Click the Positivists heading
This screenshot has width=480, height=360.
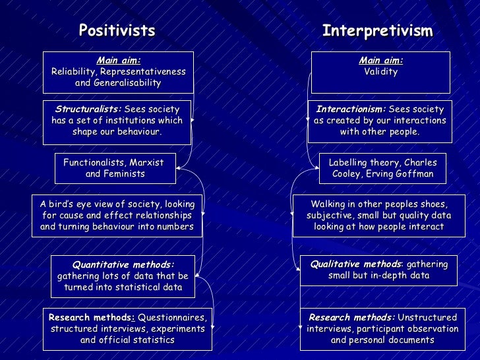pos(117,30)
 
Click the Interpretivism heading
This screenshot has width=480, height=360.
pos(377,31)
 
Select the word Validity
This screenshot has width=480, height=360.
pos(381,72)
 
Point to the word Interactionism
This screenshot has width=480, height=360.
pos(351,109)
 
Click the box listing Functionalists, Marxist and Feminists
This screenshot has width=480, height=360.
pos(115,168)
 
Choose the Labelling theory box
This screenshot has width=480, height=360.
pos(382,169)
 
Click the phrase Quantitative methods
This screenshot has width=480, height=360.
pos(123,264)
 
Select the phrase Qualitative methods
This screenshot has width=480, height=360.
pos(355,264)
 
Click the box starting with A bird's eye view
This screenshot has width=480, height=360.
pos(117,216)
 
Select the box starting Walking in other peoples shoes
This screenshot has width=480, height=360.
pos(378,216)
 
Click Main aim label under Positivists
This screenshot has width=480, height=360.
pos(118,60)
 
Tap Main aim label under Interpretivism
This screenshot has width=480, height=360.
pos(381,60)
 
